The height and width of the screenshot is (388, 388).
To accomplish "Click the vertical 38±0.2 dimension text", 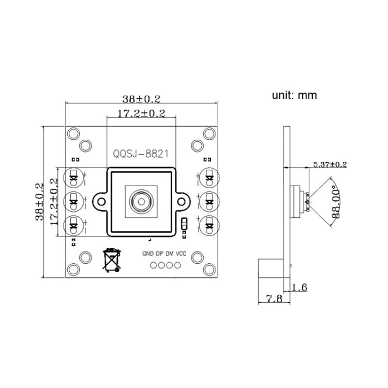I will (40, 201).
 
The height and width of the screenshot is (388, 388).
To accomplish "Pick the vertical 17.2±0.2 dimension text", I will (54, 201).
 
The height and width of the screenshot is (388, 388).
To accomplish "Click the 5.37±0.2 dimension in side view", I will (330, 165).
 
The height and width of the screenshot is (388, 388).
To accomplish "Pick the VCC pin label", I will (181, 254).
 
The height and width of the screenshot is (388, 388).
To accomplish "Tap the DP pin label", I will (159, 254).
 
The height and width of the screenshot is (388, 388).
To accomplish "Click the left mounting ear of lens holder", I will (99, 201).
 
